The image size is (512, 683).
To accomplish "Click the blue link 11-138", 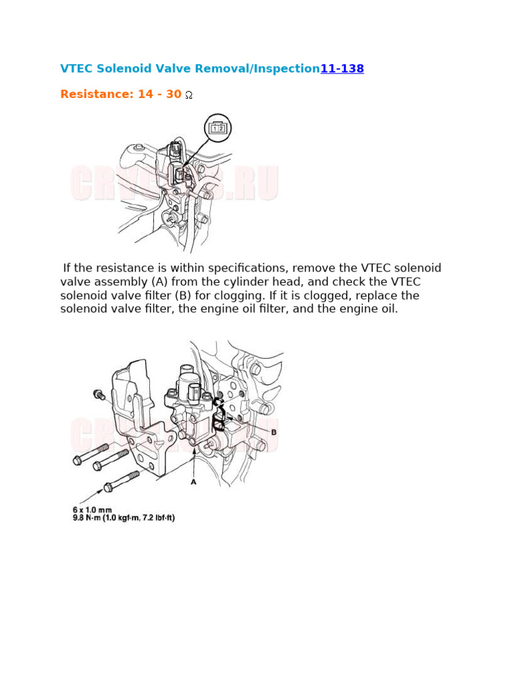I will [342, 69].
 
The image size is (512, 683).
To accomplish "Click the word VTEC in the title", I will [77, 69].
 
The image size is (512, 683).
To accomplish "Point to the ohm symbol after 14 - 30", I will [189, 95].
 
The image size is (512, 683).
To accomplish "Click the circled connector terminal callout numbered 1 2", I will [218, 127].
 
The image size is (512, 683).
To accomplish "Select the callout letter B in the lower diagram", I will [273, 432].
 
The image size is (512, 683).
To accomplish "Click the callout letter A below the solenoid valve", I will [193, 482].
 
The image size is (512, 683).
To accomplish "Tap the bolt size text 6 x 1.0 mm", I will [93, 510].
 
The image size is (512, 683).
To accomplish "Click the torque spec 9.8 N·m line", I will [123, 518].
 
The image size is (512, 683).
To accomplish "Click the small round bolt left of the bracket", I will [99, 394].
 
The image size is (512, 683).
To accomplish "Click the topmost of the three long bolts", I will [91, 453].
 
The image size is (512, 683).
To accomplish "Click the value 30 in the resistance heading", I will [173, 95].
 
